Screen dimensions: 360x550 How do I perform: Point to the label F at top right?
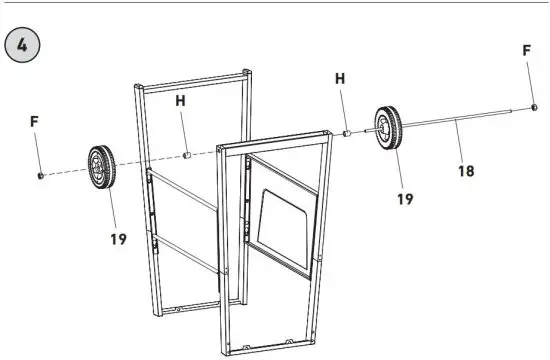click(x=526, y=49)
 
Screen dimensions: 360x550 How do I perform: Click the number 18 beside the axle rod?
click(x=465, y=170)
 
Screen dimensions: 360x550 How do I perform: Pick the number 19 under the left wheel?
click(x=119, y=240)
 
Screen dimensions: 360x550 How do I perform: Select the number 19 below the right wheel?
click(x=404, y=199)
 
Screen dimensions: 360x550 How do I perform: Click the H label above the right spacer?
click(x=339, y=78)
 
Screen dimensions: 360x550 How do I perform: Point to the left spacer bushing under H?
click(x=186, y=156)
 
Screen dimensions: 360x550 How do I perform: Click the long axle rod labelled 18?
click(x=460, y=120)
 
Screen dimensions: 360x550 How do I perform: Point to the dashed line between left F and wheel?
click(x=66, y=173)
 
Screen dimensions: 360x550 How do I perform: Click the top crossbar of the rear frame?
click(x=190, y=80)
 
